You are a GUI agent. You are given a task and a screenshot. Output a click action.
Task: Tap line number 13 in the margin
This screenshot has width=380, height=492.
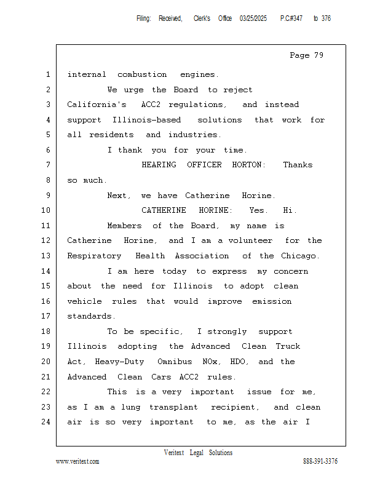click(47, 256)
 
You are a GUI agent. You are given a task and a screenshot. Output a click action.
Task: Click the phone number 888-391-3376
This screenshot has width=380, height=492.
click(320, 461)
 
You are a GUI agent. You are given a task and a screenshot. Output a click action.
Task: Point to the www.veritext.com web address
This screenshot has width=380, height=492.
click(77, 461)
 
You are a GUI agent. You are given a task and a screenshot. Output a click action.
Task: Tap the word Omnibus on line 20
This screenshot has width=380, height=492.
click(175, 362)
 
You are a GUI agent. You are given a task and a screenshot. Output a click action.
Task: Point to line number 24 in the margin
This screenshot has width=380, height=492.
click(47, 422)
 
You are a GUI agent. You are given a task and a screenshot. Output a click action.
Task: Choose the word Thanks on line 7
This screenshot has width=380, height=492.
click(298, 165)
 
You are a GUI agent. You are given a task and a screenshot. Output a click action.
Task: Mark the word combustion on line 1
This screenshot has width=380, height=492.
click(142, 74)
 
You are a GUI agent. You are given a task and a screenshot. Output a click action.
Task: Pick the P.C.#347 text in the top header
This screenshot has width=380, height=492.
click(291, 18)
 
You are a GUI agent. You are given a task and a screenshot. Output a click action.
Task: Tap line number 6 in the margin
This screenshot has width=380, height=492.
click(47, 150)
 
